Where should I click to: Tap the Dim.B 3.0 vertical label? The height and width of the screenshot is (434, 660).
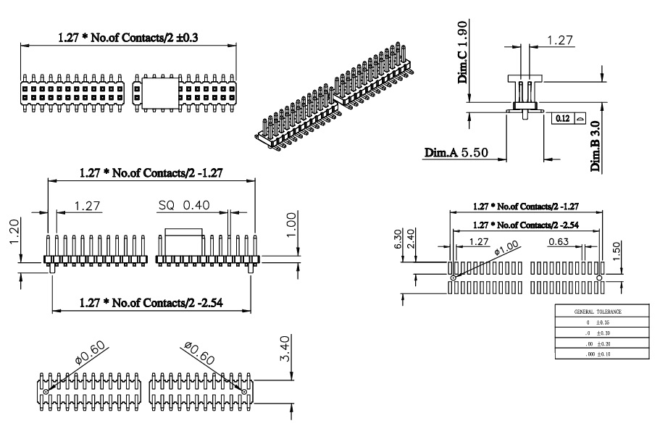(595, 146)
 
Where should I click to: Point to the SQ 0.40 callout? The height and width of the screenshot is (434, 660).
(184, 205)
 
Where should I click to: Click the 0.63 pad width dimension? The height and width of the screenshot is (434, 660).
(558, 241)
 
